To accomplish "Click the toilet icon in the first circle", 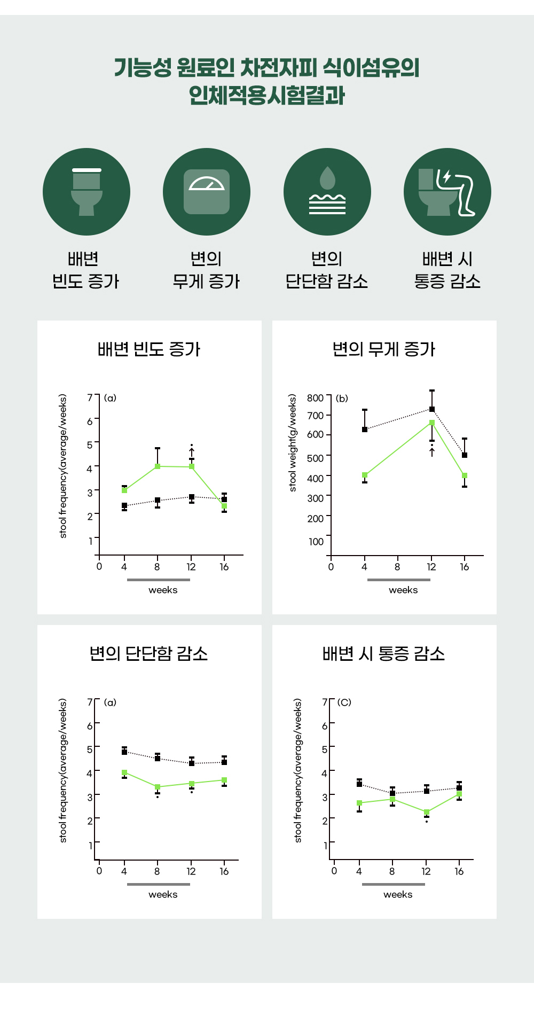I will point(87,192).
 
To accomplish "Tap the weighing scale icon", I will point(207,192).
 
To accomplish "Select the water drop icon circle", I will point(327,192).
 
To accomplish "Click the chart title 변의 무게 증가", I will point(384,349).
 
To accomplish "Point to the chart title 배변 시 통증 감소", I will point(384,654).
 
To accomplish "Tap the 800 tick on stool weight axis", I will point(315,398).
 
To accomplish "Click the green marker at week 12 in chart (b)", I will point(432,423).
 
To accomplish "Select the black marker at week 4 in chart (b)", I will point(365,430).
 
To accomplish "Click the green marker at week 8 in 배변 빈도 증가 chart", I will point(158,466).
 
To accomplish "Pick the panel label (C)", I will point(344,702).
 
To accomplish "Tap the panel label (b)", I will point(342,398).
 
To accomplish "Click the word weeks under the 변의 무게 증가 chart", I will point(403,590).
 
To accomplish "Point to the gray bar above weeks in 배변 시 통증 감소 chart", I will point(393,884).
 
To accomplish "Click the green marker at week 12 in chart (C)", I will point(427,813).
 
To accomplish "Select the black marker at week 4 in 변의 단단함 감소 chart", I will point(124,752).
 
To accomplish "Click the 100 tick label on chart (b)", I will point(316,542).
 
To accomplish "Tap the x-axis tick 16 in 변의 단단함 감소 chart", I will point(224,871).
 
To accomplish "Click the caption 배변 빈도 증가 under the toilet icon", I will point(85,270).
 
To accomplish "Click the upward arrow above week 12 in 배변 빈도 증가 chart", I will point(192,452).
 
